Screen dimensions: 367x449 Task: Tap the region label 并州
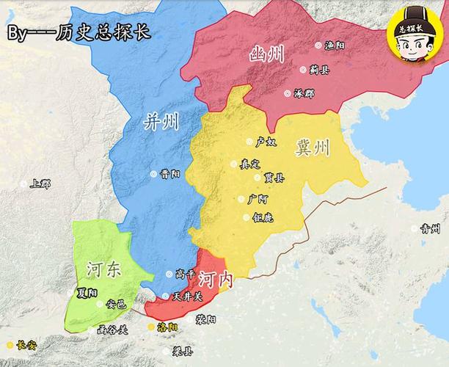pos(162,121)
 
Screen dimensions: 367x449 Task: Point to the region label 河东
pos(103,269)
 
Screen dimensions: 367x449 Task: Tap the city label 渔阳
pos(335,45)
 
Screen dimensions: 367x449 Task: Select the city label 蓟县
pos(319,70)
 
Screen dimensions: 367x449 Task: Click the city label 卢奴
pos(266,141)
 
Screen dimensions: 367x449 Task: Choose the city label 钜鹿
pos(262,217)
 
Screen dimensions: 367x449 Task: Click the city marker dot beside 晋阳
pos(153,175)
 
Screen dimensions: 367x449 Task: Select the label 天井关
pos(186,297)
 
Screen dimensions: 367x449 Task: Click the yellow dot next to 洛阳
pos(152,327)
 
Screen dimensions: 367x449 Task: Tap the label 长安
pos(26,344)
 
